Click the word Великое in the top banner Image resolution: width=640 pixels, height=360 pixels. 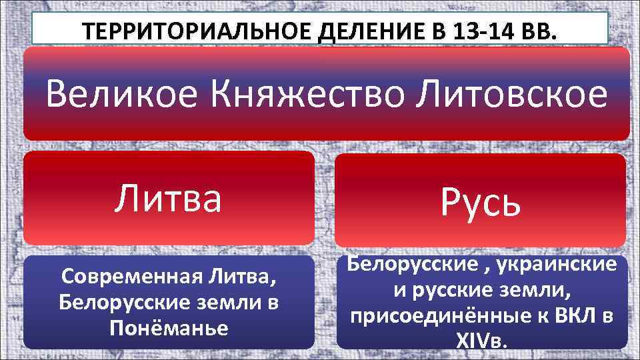point(120,95)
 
